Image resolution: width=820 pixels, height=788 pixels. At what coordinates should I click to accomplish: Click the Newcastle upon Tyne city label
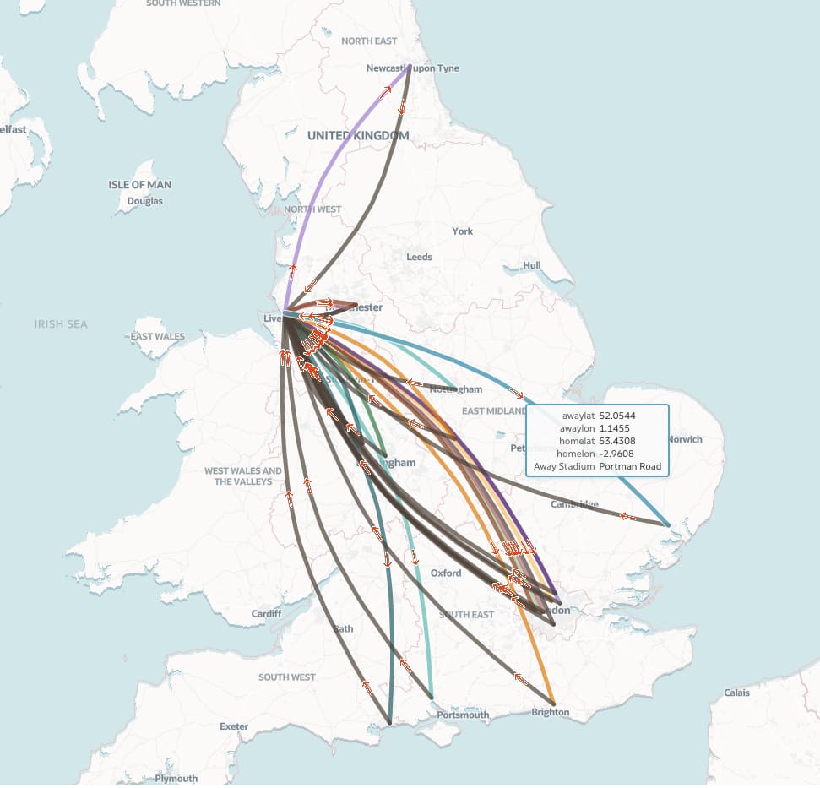point(413,68)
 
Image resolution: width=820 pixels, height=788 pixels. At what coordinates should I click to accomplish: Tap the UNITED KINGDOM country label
point(357,135)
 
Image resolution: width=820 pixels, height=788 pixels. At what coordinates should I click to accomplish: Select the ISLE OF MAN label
point(139,185)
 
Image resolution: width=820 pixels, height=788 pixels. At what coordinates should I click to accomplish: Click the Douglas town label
point(144,201)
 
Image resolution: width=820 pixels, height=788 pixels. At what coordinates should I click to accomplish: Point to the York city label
point(462,231)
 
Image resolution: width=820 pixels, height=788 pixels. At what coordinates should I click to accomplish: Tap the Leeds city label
point(419,257)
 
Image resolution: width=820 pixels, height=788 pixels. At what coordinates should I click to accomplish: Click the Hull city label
point(531,265)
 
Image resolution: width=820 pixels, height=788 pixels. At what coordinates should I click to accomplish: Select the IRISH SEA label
point(61,324)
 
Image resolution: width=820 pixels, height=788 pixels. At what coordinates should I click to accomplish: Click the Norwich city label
point(684,439)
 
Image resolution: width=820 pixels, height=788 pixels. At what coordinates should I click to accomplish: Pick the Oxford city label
point(446,573)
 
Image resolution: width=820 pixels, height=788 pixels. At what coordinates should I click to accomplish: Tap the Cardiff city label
point(266,614)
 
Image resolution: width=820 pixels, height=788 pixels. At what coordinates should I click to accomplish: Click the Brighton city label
point(550,712)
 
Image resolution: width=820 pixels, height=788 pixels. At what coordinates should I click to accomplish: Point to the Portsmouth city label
point(463,715)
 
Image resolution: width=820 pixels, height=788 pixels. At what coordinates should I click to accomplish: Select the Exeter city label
point(234,726)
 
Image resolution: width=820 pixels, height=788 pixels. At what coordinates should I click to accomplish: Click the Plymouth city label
point(176,779)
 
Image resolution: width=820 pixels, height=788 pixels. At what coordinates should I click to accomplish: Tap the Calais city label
point(736,693)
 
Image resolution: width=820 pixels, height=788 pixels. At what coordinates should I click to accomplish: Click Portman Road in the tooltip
point(629,467)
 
